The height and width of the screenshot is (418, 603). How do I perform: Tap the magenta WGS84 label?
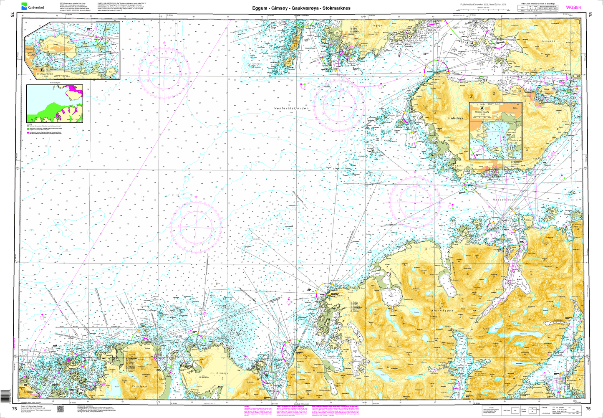[x=573, y=7]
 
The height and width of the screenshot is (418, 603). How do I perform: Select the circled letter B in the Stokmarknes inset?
[x=41, y=70]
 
